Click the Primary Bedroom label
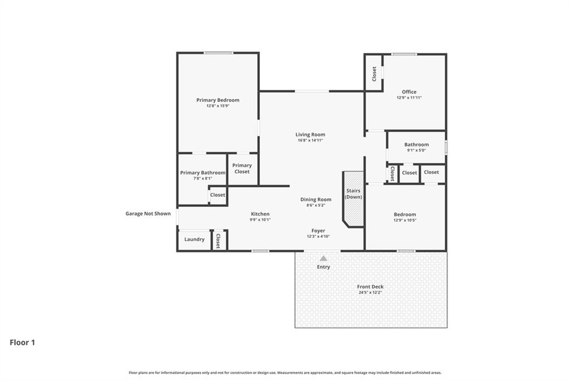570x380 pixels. click(x=218, y=100)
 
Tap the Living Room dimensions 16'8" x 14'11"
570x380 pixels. click(x=310, y=140)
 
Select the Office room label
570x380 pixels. click(x=409, y=92)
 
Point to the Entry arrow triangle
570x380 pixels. click(x=323, y=258)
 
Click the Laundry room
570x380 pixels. click(x=194, y=240)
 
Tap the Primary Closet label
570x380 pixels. click(x=242, y=168)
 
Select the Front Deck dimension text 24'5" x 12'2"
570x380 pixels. click(x=370, y=293)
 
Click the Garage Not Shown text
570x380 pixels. click(x=148, y=213)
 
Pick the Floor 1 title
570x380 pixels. click(x=22, y=343)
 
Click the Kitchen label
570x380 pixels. click(x=260, y=214)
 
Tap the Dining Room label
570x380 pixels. click(x=316, y=199)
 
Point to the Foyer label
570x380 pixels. click(x=318, y=231)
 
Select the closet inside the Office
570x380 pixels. click(x=374, y=72)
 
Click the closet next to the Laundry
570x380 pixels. click(x=218, y=240)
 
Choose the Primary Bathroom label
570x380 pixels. click(x=203, y=173)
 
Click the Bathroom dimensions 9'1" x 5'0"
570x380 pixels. click(x=416, y=150)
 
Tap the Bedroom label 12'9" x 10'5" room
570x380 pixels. click(x=405, y=215)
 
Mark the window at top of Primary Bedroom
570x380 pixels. click(x=218, y=53)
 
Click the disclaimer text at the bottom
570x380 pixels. click(x=285, y=373)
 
